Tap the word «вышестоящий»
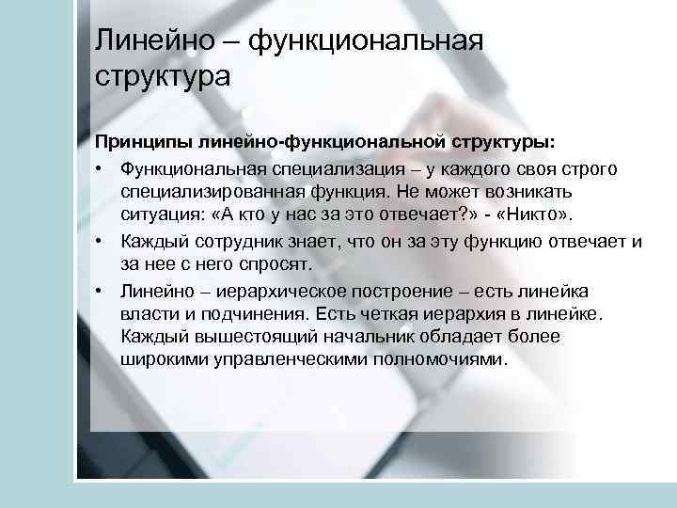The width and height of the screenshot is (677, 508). point(237,337)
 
